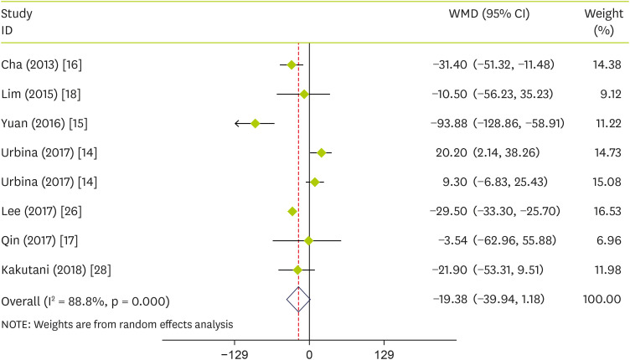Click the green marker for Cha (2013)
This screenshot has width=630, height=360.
291,64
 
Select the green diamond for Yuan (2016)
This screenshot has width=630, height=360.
255,123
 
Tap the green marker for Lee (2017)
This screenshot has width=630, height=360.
292,211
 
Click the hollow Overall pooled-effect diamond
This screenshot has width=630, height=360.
297,299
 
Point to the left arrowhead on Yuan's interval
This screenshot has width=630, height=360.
238,123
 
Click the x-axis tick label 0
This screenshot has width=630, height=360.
309,353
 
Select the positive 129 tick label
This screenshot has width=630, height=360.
384,353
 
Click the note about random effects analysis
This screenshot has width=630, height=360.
118,323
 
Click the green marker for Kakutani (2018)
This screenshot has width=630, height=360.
297,270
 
